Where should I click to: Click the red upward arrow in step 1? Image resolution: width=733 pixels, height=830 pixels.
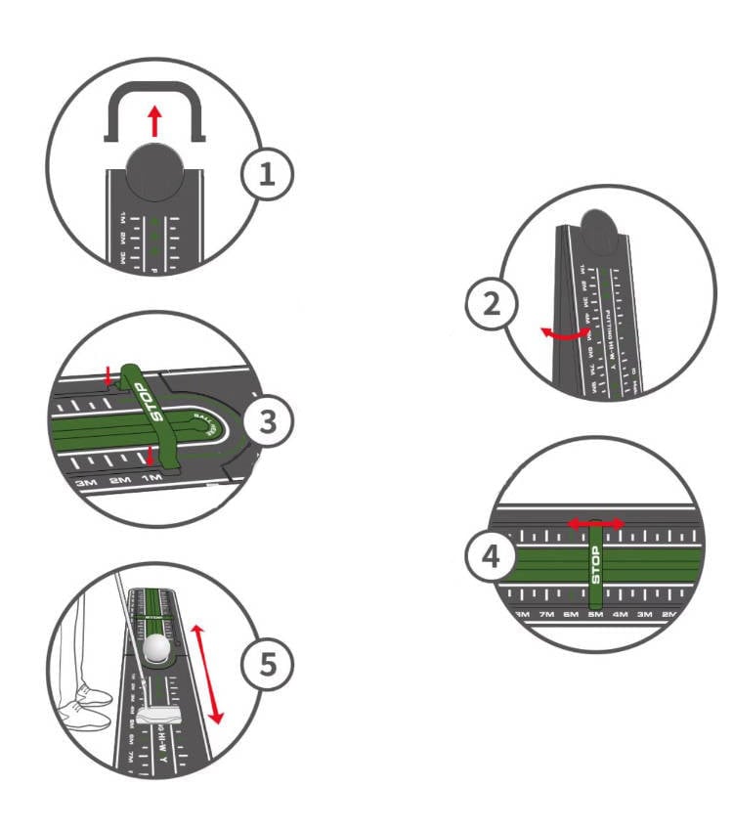(x=153, y=121)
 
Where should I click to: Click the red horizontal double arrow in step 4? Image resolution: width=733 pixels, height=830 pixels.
(x=596, y=524)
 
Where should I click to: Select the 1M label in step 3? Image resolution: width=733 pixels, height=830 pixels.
(x=151, y=479)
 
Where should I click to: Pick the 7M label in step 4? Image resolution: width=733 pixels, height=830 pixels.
(x=546, y=614)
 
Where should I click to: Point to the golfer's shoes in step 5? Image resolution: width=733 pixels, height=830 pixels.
(x=82, y=706)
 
